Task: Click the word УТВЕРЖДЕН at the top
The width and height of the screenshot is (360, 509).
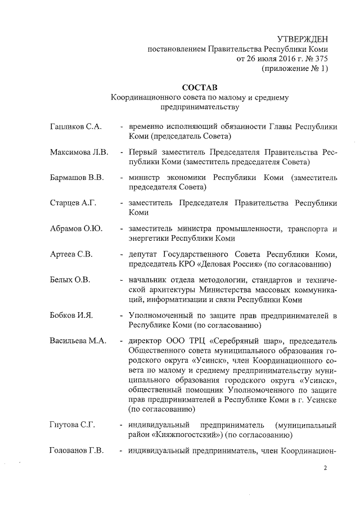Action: pyautogui.click(x=302, y=39)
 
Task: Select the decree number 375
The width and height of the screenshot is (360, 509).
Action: pyautogui.click(x=319, y=58)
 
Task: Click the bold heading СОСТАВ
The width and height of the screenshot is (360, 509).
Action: pyautogui.click(x=200, y=87)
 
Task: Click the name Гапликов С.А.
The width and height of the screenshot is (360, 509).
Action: pyautogui.click(x=75, y=127)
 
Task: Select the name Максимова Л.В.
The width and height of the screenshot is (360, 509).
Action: pyautogui.click(x=78, y=152)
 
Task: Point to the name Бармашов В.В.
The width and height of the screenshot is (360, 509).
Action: pyautogui.click(x=76, y=178)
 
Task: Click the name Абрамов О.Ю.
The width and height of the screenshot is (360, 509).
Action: pyautogui.click(x=75, y=229)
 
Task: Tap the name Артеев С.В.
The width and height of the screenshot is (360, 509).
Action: pyautogui.click(x=71, y=254)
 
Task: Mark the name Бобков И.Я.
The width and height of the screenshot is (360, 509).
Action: pyautogui.click(x=71, y=315)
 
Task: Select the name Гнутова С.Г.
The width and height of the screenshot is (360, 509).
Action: pyautogui.click(x=71, y=424)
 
